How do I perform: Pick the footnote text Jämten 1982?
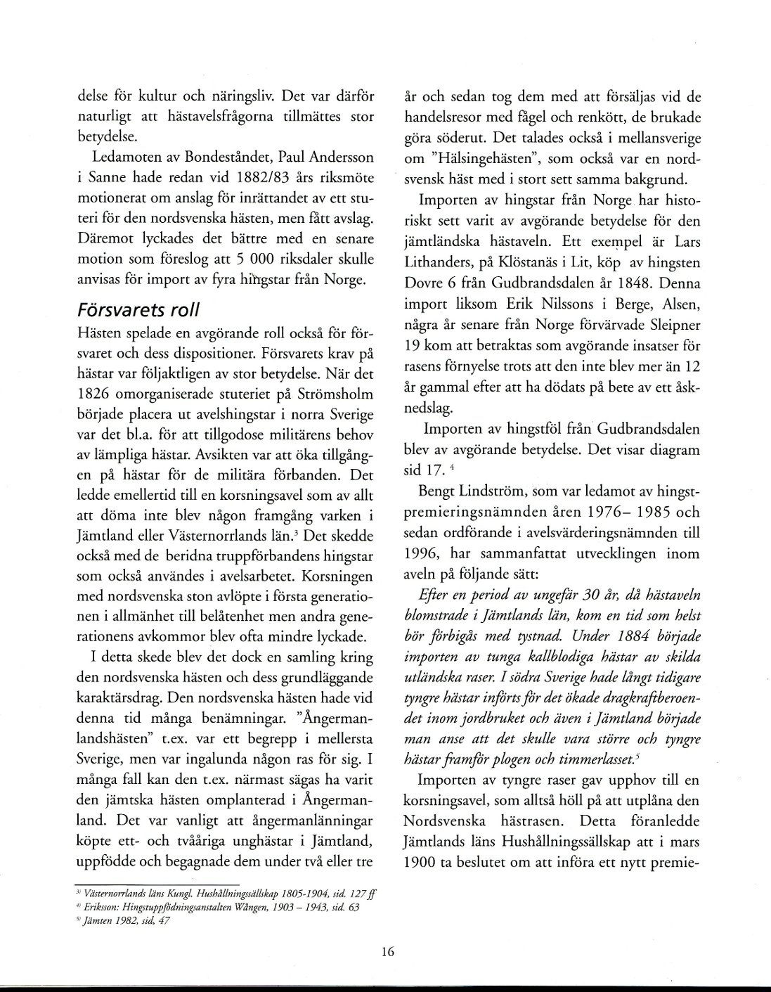click(x=115, y=920)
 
